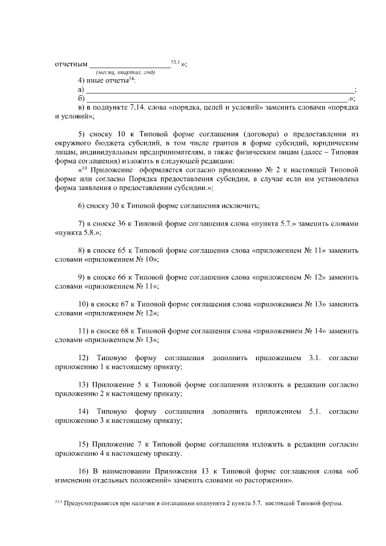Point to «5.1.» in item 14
[x=317, y=411]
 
